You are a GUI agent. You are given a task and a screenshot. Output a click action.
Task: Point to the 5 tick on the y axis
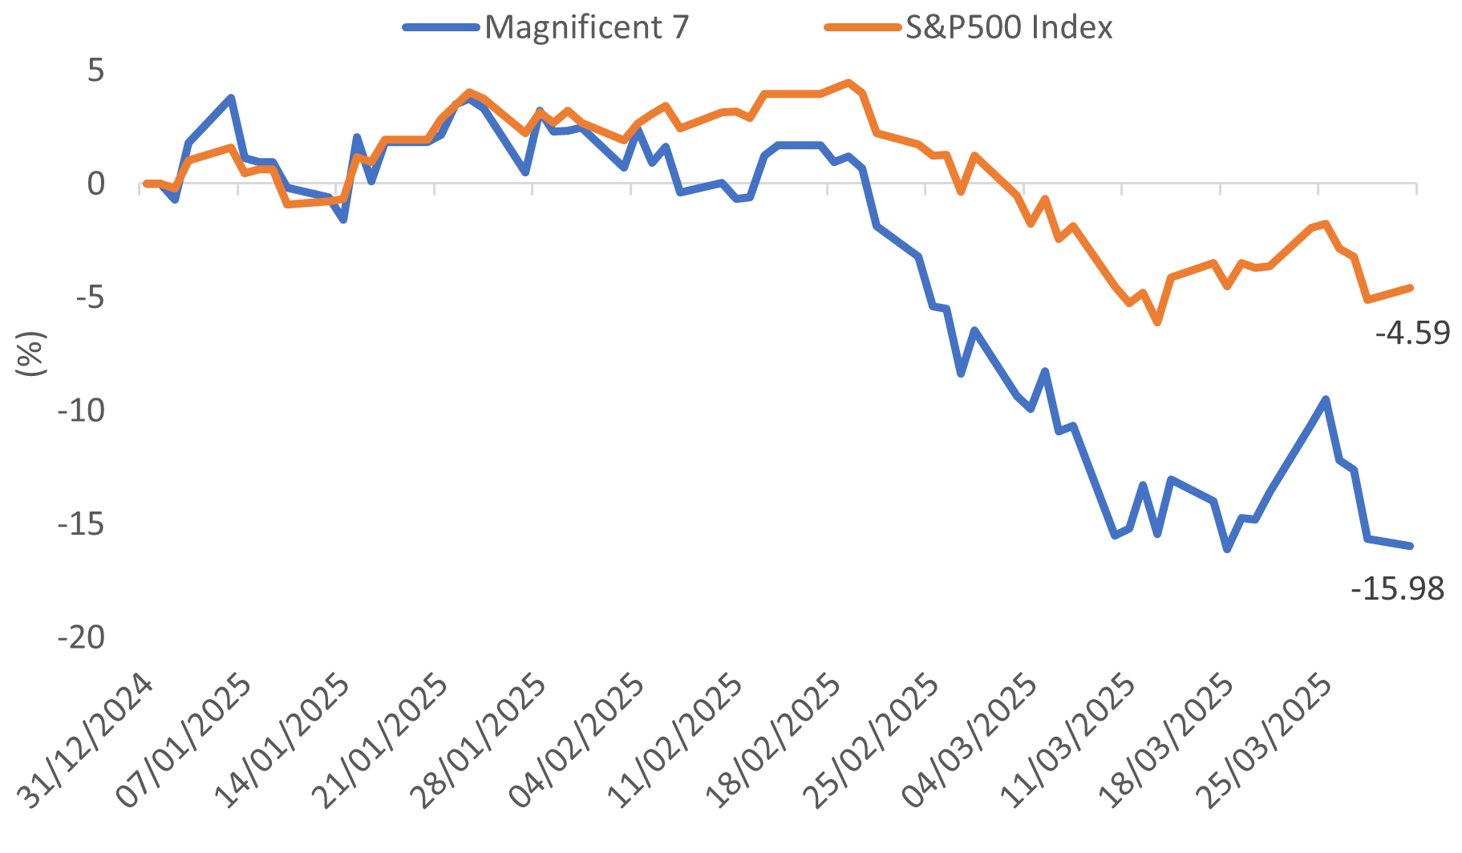pos(95,71)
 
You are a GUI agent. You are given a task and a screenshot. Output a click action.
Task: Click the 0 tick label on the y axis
pos(95,184)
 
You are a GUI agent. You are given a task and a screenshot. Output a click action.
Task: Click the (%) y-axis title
pos(30,354)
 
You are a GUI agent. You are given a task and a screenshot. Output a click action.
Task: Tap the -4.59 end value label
pos(1412,333)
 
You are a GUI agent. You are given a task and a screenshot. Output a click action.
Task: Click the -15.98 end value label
pos(1397,589)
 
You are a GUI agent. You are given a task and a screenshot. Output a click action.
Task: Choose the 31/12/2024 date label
pos(86,742)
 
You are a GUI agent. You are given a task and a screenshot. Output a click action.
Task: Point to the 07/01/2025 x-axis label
pos(184,742)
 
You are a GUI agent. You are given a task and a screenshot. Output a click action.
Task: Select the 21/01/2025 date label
pos(381,742)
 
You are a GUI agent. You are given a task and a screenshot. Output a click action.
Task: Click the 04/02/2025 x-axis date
pos(577,742)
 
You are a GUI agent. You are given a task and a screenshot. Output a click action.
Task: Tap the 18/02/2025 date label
pos(774,742)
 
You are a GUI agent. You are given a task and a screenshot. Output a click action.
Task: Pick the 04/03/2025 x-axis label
pos(970,742)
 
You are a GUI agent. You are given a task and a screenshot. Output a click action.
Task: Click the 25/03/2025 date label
pos(1265,742)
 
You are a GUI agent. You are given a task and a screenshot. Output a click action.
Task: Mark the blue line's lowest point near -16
pos(1227,549)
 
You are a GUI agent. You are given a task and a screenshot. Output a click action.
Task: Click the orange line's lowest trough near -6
pos(1157,322)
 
